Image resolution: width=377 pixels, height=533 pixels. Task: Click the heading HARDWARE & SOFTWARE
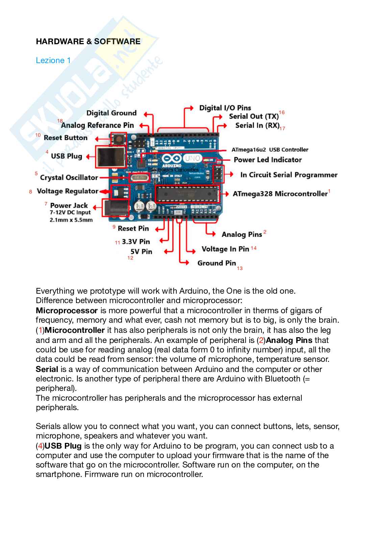pos(88,42)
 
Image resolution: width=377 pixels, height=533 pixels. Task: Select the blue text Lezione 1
pos(53,60)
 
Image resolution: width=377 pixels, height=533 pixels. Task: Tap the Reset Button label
pos(66,138)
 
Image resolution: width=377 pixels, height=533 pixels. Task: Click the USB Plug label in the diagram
pos(67,156)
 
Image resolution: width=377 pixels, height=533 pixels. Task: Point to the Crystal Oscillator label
pos(69,178)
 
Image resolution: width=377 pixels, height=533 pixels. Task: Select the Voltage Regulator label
pos(67,191)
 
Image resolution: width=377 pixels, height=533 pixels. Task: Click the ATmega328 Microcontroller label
pos(280,194)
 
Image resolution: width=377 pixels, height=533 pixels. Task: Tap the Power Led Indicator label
pos(268,160)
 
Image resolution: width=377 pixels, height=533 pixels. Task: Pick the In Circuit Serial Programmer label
pos(289,175)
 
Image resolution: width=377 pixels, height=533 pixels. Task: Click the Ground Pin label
pos(217,263)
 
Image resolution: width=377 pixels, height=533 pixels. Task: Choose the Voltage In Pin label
pos(225,249)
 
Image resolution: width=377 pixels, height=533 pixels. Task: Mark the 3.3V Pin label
pos(135,242)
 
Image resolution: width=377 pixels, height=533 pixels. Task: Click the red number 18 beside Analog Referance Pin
pos(60,121)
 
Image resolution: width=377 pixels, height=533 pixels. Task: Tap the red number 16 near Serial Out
pos(281,112)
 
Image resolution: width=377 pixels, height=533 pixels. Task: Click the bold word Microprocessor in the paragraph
pos(67,311)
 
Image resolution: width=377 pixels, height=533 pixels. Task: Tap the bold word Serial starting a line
pos(47,369)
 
